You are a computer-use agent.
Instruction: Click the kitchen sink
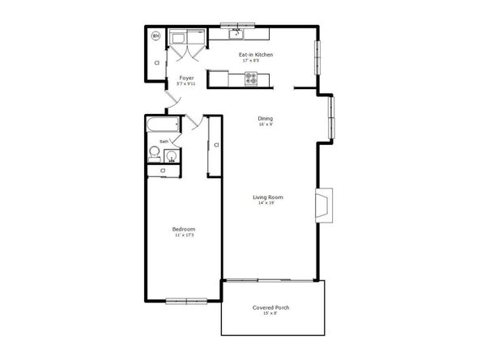coord(236,34)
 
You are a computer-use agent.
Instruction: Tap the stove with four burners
coord(251,79)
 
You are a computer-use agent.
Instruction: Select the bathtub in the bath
coord(161,125)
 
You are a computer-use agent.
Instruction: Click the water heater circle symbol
coord(156,36)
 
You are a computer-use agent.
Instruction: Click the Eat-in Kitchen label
coord(255,54)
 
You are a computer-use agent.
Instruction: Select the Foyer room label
coord(185,78)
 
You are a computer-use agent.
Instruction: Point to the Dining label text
coord(265,118)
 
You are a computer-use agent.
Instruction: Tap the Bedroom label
coord(184,229)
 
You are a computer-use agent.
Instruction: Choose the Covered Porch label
coord(270,307)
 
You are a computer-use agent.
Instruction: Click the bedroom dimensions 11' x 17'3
coord(184,235)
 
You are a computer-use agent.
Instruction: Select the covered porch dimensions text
coord(270,314)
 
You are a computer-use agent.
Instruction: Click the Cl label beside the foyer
coord(156,62)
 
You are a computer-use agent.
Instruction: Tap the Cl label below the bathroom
coord(163,171)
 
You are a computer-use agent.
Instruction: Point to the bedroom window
coord(182,301)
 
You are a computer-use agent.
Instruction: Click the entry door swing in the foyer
coord(170,101)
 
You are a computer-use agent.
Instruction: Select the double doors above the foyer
coord(187,51)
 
